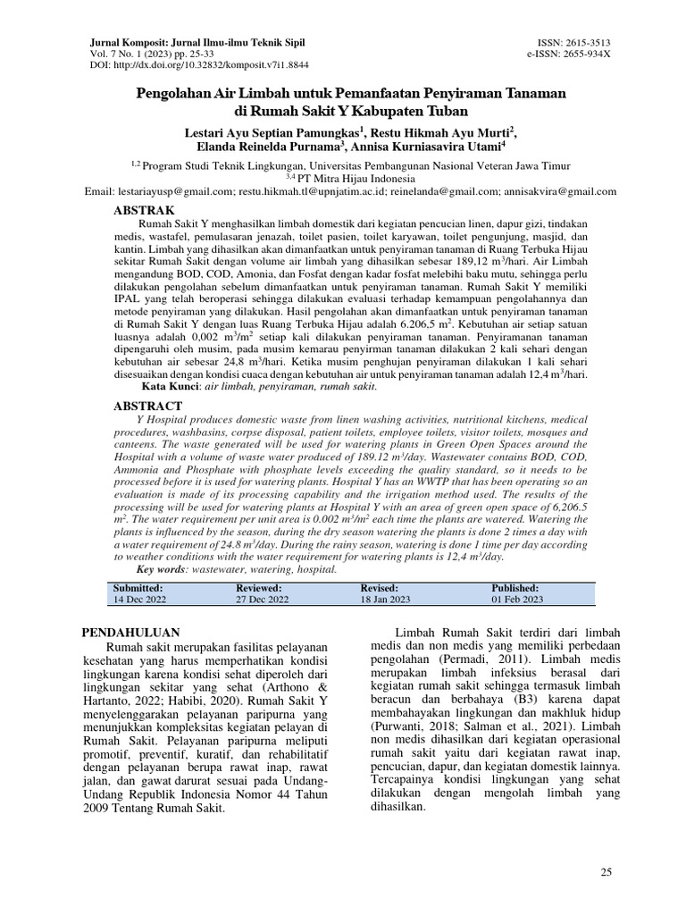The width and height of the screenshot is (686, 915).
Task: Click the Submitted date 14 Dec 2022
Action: pyautogui.click(x=140, y=600)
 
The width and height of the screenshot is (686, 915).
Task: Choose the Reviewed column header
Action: pyautogui.click(x=258, y=588)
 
